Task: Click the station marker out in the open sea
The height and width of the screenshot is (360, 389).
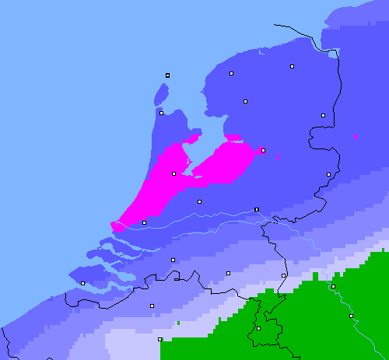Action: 167,75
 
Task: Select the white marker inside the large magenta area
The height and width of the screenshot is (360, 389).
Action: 173,173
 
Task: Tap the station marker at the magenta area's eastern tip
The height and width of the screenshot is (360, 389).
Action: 263,150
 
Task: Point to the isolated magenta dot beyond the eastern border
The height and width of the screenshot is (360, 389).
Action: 356,137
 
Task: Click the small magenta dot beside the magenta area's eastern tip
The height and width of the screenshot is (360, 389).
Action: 278,158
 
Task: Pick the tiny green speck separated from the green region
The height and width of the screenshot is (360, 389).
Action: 178,322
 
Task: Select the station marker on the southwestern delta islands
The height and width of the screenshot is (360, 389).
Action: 82,283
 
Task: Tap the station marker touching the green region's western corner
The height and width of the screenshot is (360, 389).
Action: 159,339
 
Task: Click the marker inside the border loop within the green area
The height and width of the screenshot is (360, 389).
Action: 258,328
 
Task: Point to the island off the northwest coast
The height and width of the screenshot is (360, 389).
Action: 162,93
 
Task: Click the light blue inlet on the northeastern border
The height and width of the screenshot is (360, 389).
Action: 333,54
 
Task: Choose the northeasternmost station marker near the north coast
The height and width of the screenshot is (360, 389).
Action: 293,67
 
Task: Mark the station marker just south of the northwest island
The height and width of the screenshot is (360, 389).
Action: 161,113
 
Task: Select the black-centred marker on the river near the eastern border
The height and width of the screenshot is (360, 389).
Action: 257,209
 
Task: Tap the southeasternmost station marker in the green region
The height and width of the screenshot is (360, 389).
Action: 351,316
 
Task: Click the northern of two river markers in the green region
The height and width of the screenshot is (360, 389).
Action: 333,286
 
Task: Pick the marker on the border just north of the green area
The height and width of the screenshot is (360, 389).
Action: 283,275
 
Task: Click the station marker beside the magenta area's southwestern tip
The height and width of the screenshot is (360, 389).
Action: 144,223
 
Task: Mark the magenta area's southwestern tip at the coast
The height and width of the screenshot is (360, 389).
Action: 116,226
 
